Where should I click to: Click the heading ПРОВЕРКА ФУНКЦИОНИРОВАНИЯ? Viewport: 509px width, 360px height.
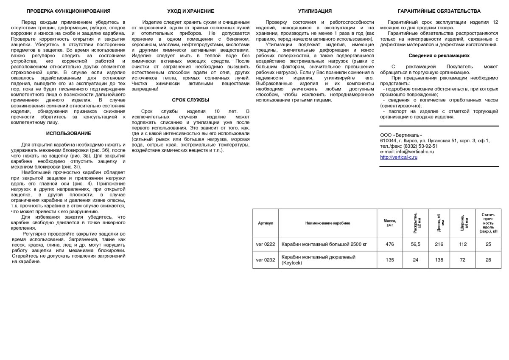click(x=68, y=11)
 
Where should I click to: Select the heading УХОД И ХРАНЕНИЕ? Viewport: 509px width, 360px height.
click(x=190, y=11)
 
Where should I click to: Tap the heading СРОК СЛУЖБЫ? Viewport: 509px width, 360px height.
click(x=190, y=100)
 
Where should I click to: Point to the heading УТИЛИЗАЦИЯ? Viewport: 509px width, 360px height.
click(x=315, y=11)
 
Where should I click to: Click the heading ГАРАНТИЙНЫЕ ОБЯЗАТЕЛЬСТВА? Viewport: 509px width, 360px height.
click(x=439, y=11)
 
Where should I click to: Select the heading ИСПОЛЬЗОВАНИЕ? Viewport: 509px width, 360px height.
click(x=68, y=133)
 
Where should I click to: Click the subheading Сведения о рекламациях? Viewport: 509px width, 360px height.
click(x=439, y=56)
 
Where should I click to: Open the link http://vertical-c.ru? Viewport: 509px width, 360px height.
click(x=399, y=157)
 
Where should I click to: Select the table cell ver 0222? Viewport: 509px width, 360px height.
click(x=266, y=244)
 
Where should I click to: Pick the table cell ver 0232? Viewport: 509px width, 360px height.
click(x=266, y=260)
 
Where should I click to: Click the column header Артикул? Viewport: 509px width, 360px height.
click(x=266, y=223)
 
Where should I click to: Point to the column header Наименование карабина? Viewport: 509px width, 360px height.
click(x=327, y=223)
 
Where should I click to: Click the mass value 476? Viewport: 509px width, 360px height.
click(x=389, y=244)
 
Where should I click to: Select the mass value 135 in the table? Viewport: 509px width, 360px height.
click(x=389, y=260)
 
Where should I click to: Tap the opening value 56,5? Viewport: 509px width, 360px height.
click(x=416, y=244)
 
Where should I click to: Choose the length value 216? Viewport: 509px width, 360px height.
click(x=439, y=244)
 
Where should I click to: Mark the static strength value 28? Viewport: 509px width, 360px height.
click(x=488, y=260)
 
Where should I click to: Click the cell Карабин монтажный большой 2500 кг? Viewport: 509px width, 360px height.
click(x=324, y=244)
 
